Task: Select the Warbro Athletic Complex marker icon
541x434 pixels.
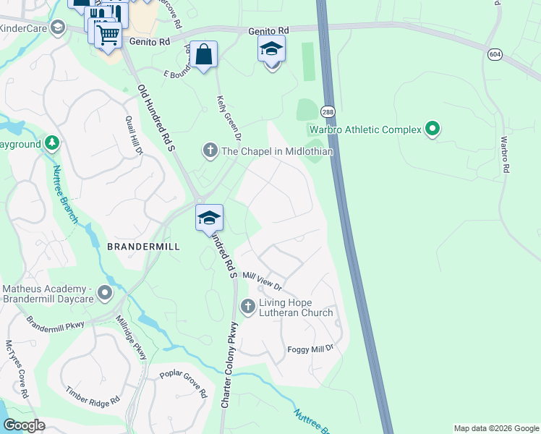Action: click(x=433, y=129)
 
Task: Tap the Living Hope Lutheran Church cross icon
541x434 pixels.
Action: click(x=248, y=307)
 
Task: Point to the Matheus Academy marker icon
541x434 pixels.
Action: click(x=106, y=294)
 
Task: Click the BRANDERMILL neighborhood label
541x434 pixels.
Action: click(x=142, y=247)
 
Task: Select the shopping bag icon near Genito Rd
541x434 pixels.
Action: click(x=205, y=54)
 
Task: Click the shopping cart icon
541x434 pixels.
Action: click(x=108, y=34)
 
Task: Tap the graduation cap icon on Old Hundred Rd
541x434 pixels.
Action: click(x=209, y=217)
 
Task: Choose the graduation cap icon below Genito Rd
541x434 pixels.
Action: click(x=271, y=48)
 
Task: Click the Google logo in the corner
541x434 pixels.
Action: click(x=23, y=425)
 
